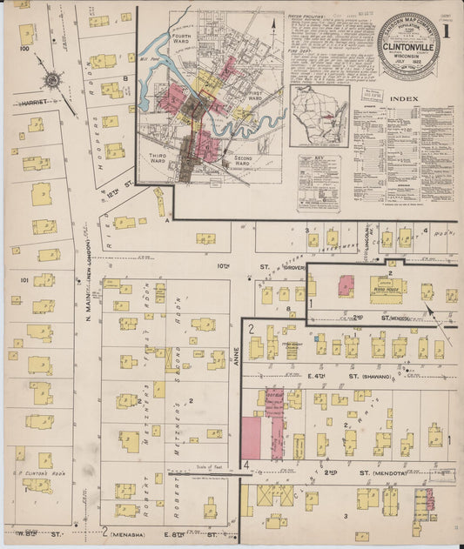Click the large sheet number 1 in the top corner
445,30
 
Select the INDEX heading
405,98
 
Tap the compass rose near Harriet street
51,80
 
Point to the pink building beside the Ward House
346,285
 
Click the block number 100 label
24,49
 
